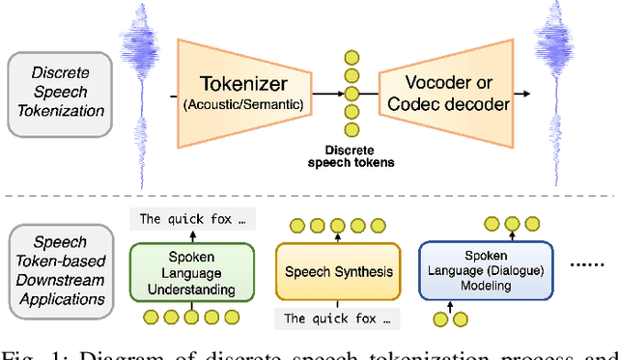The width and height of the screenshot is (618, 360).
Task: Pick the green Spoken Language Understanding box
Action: click(192, 271)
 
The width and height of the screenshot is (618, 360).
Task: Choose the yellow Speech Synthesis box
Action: click(338, 271)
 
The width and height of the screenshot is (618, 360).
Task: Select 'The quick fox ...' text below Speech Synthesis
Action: click(337, 318)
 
